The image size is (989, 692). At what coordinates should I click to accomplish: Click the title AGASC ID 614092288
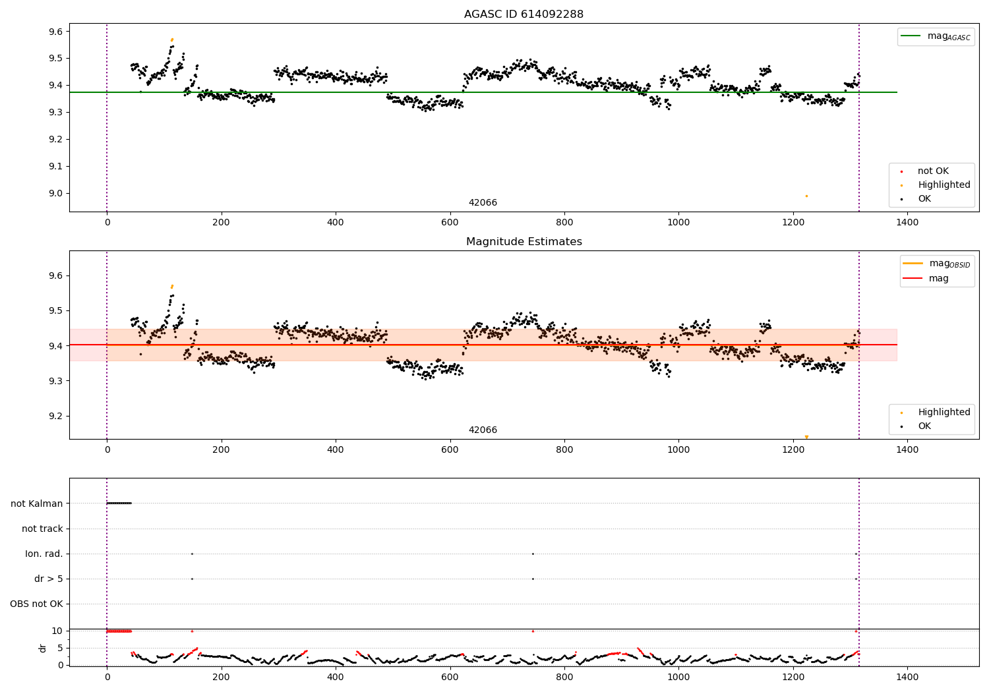(x=524, y=14)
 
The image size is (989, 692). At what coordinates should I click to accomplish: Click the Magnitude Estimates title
(x=524, y=242)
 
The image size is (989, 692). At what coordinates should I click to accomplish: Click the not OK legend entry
(x=933, y=171)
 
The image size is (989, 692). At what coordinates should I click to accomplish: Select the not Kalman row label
(x=37, y=504)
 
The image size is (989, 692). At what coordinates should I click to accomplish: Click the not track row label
(x=42, y=529)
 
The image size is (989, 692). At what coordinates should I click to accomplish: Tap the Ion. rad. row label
(x=44, y=554)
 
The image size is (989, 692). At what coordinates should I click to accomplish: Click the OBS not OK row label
(x=37, y=604)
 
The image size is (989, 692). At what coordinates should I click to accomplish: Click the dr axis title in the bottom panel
(x=43, y=648)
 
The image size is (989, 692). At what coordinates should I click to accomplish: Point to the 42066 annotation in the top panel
(x=483, y=203)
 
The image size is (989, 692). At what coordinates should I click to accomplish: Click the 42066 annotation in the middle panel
(x=483, y=430)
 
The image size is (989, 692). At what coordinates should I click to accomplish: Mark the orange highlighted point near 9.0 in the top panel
(x=806, y=196)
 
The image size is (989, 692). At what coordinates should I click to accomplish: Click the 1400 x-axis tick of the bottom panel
(x=907, y=677)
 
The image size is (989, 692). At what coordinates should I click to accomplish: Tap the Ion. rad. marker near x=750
(x=533, y=554)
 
